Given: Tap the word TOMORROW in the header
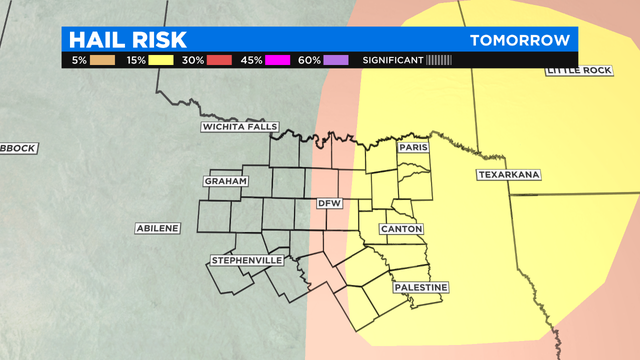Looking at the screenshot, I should pyautogui.click(x=521, y=40).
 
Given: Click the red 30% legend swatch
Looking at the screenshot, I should pyautogui.click(x=219, y=61).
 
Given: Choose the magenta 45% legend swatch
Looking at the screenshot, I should pyautogui.click(x=278, y=61).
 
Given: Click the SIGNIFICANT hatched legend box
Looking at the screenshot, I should pyautogui.click(x=439, y=61).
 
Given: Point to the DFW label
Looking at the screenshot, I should pyautogui.click(x=329, y=203).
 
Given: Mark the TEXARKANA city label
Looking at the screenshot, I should pyautogui.click(x=507, y=175).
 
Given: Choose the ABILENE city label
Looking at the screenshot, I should pyautogui.click(x=157, y=228).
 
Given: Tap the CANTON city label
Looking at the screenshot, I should pyautogui.click(x=401, y=229).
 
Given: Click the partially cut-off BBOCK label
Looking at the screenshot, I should pyautogui.click(x=17, y=148).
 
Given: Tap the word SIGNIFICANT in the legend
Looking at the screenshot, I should pyautogui.click(x=393, y=61).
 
